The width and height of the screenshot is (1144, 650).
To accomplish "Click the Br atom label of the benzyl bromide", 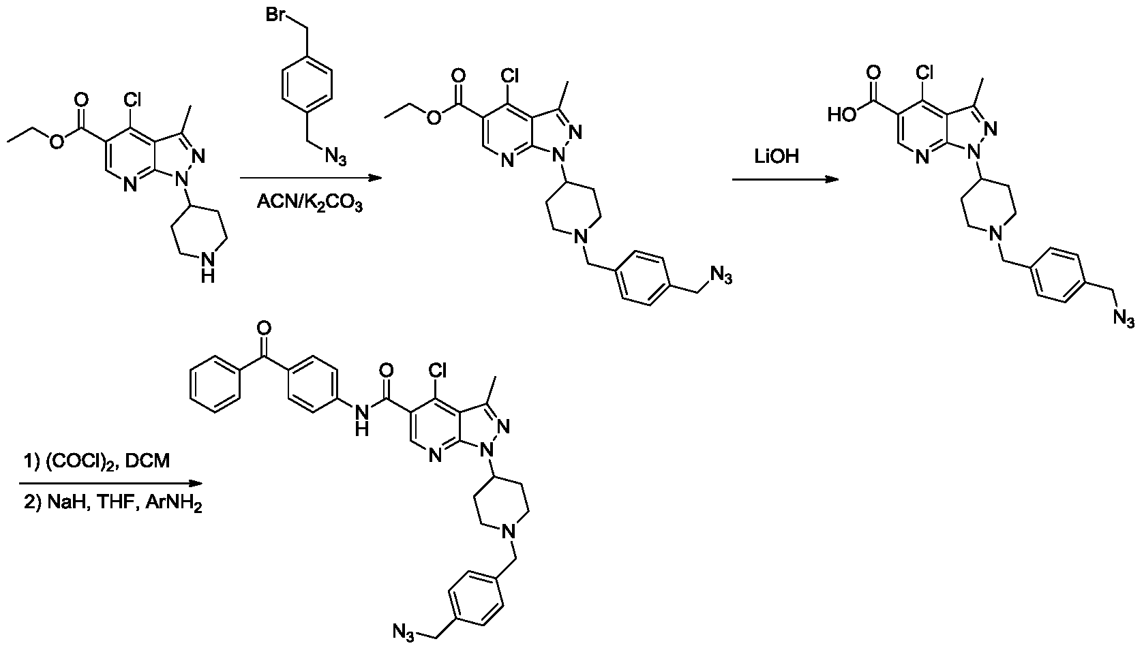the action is coord(276,14).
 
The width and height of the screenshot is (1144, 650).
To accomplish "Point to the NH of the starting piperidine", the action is coord(207,268).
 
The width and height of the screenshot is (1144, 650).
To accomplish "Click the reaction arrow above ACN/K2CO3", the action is coord(310,178).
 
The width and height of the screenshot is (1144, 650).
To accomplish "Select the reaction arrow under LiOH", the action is coord(785,179).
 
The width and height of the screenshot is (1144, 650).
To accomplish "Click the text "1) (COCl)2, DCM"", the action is coord(97,461).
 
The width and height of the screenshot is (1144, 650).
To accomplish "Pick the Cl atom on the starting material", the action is coord(132,100).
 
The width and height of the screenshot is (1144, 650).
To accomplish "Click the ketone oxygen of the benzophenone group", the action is coord(264,328).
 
